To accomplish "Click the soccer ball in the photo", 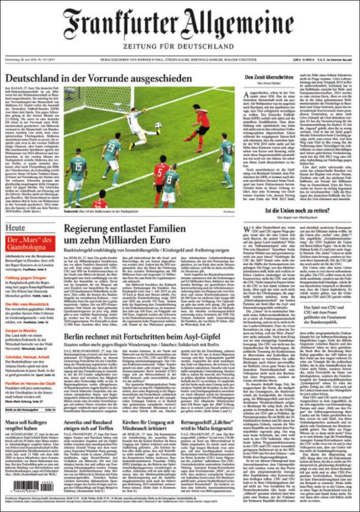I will [158, 125].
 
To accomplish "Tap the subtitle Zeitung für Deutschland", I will [178, 47].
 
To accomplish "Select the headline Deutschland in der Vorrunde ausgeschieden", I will [98, 79].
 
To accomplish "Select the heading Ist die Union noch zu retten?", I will [293, 211].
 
